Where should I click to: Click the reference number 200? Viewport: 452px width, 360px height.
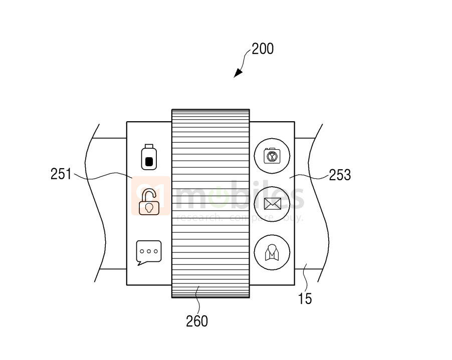tap(263, 49)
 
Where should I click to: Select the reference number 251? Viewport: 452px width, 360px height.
tap(62, 174)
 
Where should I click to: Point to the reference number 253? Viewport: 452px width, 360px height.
tap(339, 175)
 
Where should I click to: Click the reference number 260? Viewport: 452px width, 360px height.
tap(196, 321)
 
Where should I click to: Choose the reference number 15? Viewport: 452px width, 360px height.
tap(305, 299)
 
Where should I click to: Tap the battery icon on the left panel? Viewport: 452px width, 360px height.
tap(148, 157)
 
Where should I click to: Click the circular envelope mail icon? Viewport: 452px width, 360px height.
tap(272, 203)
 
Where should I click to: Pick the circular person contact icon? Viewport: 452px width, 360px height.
tap(272, 251)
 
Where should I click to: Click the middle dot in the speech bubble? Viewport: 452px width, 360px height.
tap(149, 250)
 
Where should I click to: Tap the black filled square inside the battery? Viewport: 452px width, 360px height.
tap(148, 161)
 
